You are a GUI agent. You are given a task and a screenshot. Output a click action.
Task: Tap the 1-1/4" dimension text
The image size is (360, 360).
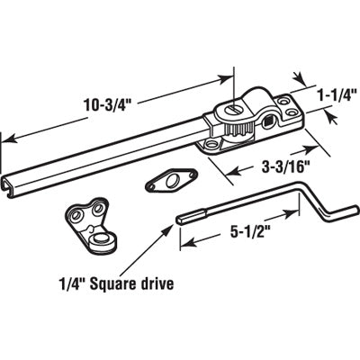point(337,94)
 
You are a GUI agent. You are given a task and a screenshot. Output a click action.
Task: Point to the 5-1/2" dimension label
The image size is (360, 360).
point(247,233)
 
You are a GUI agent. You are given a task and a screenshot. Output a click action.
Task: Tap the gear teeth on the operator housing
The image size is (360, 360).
point(238,130)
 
